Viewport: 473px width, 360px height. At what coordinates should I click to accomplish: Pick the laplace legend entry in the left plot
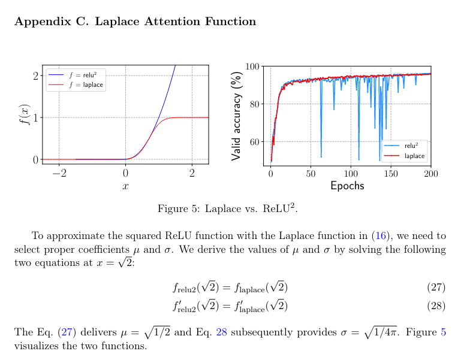[x=86, y=85]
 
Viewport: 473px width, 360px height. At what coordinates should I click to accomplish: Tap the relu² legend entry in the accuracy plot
[x=411, y=146]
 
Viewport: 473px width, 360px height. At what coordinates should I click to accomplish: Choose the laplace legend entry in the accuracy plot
[x=414, y=156]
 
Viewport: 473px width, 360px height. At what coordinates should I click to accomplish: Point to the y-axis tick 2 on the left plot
[x=35, y=75]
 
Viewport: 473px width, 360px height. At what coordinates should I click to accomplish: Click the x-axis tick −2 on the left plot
[x=59, y=173]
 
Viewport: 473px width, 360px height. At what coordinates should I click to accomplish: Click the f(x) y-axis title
[x=25, y=114]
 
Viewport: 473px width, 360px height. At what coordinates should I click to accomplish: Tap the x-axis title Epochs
[x=347, y=186]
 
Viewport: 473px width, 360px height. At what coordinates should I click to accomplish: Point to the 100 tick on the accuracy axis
[x=252, y=67]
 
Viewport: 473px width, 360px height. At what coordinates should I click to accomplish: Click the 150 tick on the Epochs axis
[x=391, y=174]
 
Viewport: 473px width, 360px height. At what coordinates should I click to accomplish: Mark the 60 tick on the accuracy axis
[x=255, y=142]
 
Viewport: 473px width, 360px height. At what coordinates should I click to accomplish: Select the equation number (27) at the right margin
[x=436, y=288]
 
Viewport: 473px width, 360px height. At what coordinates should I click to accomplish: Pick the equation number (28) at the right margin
[x=436, y=305]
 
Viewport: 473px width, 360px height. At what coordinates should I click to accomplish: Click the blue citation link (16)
[x=381, y=236]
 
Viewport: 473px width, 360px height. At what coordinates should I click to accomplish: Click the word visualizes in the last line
[x=37, y=346]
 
